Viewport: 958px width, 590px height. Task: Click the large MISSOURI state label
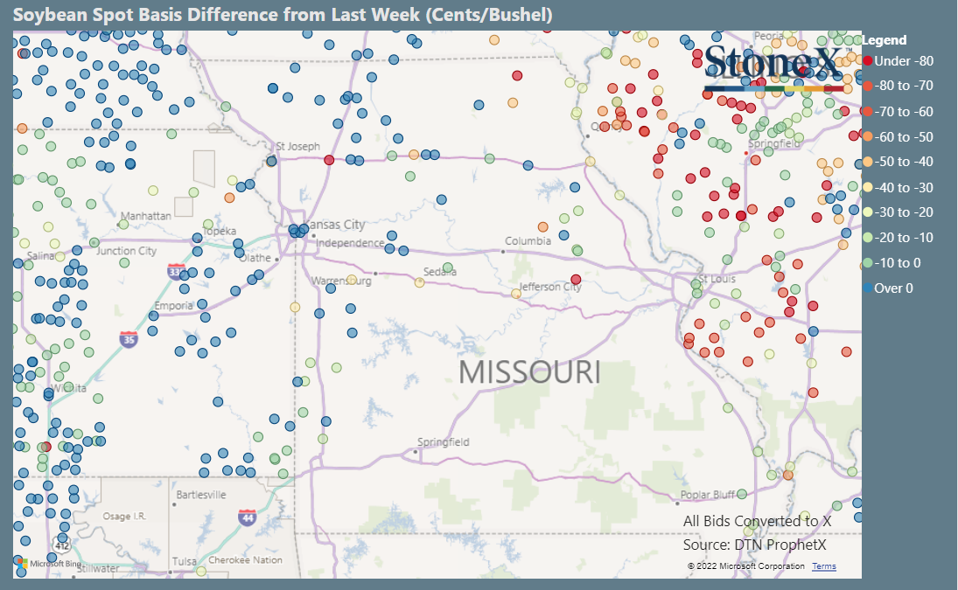pyautogui.click(x=529, y=371)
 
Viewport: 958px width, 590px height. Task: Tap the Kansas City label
pyautogui.click(x=333, y=225)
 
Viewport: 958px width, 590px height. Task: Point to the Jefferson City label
pyautogui.click(x=550, y=287)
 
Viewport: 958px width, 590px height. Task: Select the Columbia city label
pyautogui.click(x=528, y=240)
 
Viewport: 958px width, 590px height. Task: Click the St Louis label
pyautogui.click(x=717, y=280)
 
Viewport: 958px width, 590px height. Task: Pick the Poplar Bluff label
pyautogui.click(x=708, y=495)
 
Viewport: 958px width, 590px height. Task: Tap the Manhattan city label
pyautogui.click(x=145, y=215)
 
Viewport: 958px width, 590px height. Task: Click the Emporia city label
pyautogui.click(x=173, y=306)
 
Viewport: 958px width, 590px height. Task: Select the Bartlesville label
pyautogui.click(x=201, y=495)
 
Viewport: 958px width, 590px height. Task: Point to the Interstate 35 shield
pyautogui.click(x=129, y=339)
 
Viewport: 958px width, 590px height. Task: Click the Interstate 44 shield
pyautogui.click(x=248, y=517)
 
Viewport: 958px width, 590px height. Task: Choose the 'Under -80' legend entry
pyautogui.click(x=903, y=60)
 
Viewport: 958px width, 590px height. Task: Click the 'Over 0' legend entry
pyautogui.click(x=893, y=288)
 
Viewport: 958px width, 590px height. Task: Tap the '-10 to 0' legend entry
pyautogui.click(x=897, y=262)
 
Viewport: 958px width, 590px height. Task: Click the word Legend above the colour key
pyautogui.click(x=884, y=40)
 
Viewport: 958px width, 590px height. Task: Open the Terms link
pyautogui.click(x=823, y=566)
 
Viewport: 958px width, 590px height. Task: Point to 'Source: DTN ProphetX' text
pyautogui.click(x=754, y=545)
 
